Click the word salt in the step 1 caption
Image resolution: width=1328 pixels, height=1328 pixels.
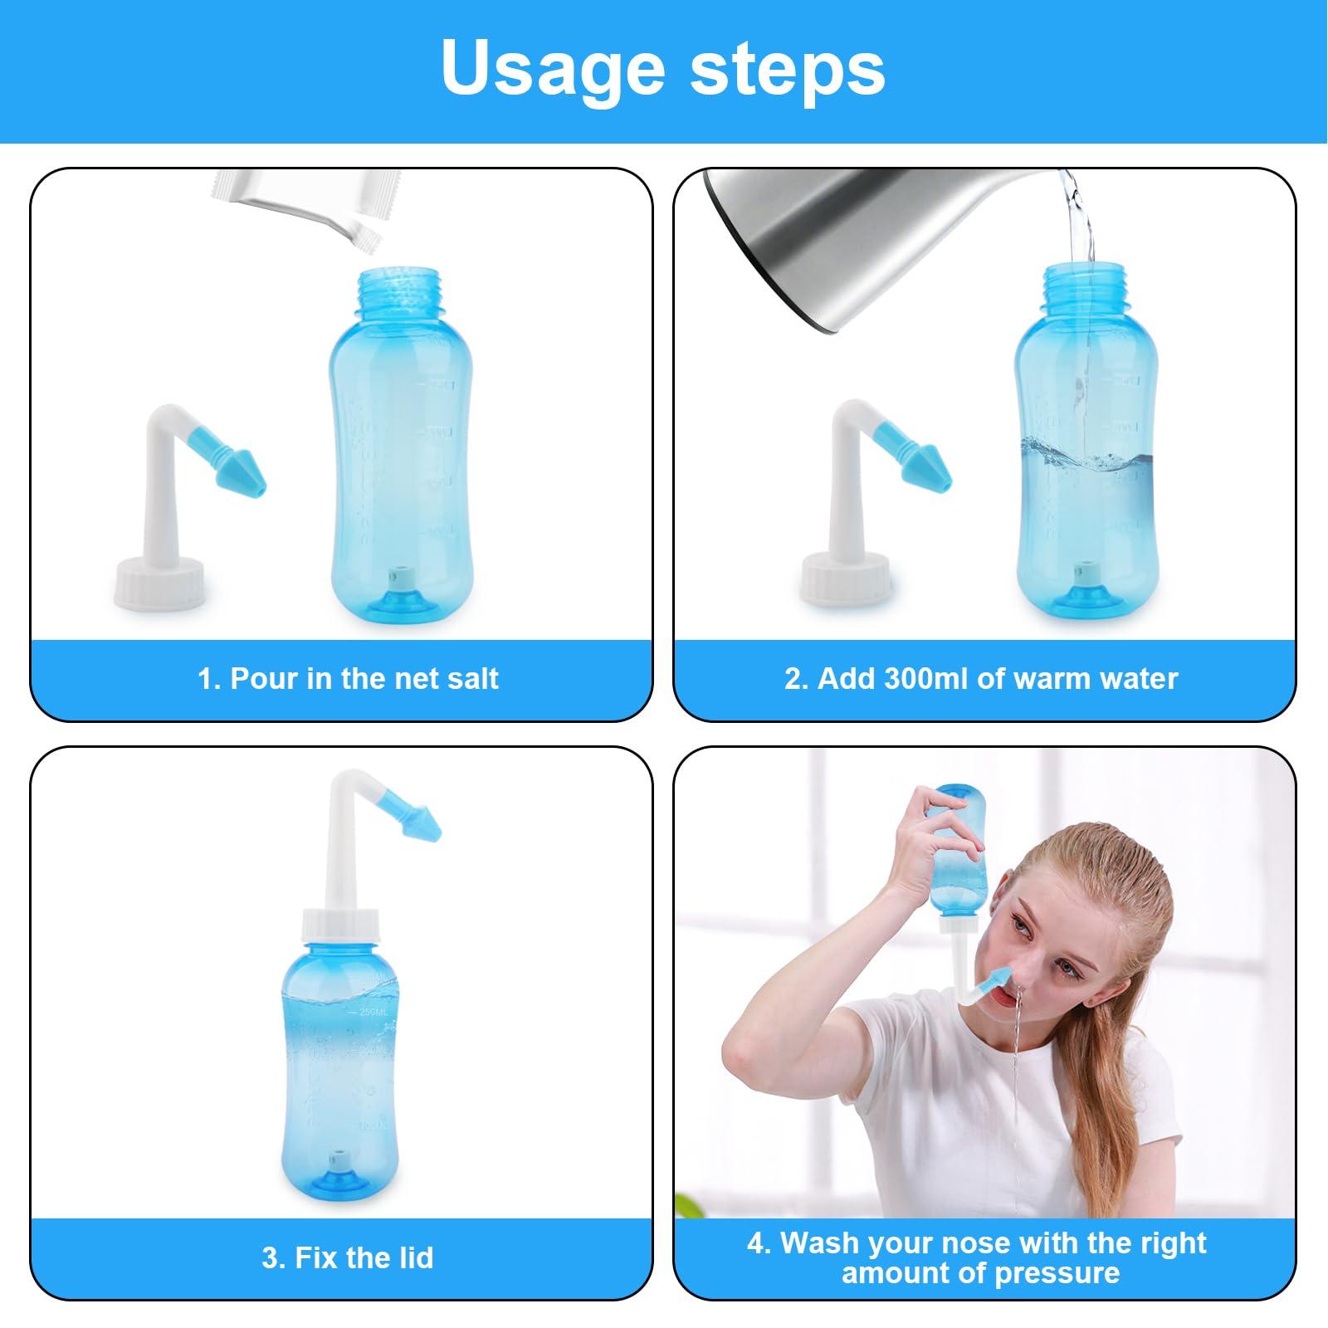point(471,678)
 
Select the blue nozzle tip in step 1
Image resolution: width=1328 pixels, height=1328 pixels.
point(241,475)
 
